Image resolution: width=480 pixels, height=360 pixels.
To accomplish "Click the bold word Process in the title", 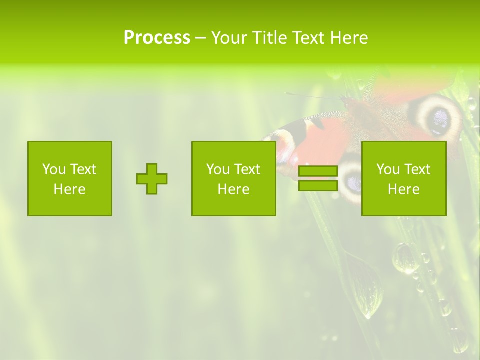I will [x=157, y=38].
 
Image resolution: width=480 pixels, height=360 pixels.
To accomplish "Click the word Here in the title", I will [x=350, y=38].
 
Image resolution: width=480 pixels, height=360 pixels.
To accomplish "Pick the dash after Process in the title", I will [x=201, y=38].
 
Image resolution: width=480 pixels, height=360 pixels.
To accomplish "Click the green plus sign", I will [x=152, y=179].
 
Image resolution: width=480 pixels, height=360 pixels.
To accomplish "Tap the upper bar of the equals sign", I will [x=318, y=171].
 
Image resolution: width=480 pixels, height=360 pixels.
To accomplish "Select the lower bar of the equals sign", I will [x=318, y=186].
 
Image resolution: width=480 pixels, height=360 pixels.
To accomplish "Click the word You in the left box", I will [x=53, y=169].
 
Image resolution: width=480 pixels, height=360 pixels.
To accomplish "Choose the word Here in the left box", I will [x=69, y=189].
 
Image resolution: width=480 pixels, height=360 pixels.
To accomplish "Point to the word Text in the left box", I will [x=83, y=169].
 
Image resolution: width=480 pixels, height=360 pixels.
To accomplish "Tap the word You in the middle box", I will [x=217, y=169].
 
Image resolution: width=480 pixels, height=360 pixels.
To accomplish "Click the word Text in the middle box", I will [x=247, y=169].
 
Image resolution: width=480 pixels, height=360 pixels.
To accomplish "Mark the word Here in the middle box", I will [x=233, y=189].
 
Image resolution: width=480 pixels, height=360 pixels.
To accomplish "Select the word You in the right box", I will [x=387, y=169].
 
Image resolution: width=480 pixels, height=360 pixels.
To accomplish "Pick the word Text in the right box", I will [x=417, y=169].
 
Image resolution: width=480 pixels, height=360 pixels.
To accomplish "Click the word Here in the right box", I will [x=403, y=189].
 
